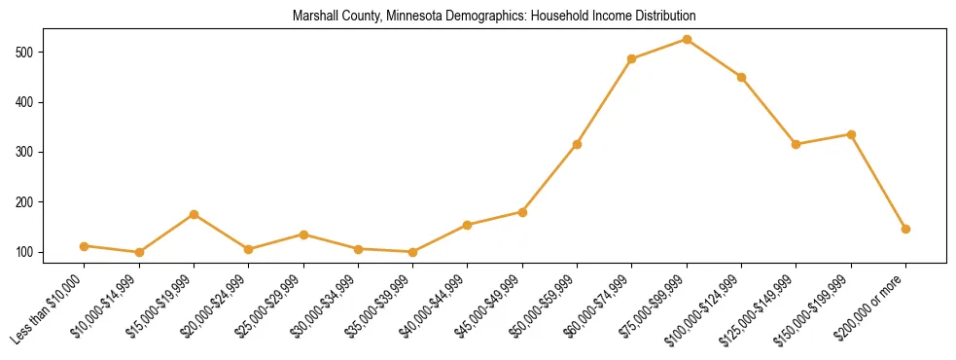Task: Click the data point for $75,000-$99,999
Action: point(687,39)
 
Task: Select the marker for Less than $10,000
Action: point(85,246)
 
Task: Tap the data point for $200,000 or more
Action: point(905,229)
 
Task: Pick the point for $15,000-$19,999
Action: point(195,214)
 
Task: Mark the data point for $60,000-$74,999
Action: point(632,58)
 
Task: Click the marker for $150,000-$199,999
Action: point(851,134)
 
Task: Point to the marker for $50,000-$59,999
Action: point(578,144)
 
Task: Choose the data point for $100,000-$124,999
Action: point(741,77)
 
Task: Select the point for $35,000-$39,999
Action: point(413,252)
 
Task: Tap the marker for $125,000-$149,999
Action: point(797,144)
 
